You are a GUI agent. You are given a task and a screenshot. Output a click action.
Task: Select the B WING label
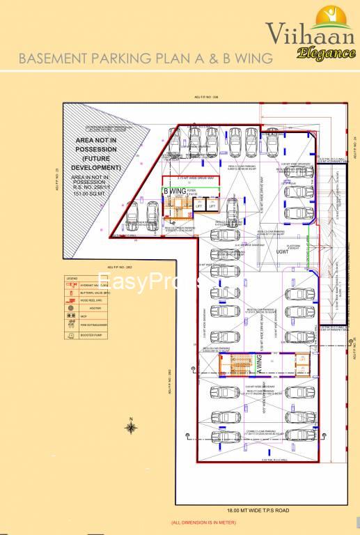click(x=174, y=191)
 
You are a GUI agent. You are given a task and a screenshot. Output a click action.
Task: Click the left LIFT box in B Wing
click(x=198, y=206)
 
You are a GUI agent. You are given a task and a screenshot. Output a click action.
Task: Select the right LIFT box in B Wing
click(x=214, y=206)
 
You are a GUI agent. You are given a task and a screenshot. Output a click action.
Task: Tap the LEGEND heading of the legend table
click(x=72, y=278)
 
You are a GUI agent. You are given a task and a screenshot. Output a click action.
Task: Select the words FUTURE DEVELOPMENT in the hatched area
click(x=100, y=163)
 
